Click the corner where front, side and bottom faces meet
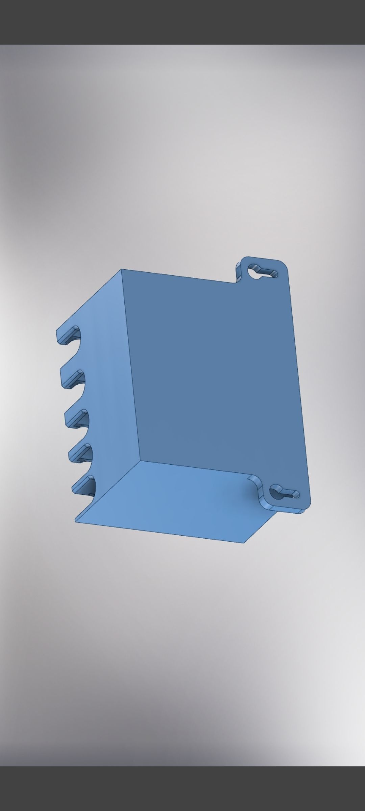(x=140, y=461)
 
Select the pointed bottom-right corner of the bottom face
(x=244, y=543)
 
